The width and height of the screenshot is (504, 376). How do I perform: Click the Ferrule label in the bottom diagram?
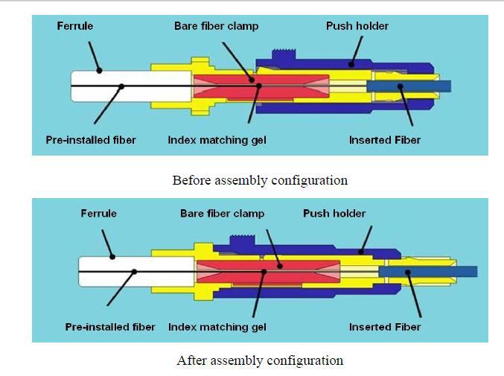[x=98, y=213]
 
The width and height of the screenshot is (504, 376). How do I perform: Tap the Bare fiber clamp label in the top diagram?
[x=216, y=26]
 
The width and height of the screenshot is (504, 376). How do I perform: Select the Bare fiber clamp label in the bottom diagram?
[x=222, y=213]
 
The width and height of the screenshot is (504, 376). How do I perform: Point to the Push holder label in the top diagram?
[x=357, y=26]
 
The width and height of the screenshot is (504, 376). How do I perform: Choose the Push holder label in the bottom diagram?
[x=334, y=213]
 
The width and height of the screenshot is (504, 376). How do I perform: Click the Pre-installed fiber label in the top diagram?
[x=91, y=140]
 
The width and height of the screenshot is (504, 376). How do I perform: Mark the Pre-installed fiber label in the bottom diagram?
[x=110, y=327]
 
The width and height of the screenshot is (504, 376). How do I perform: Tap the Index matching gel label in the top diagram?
[x=217, y=140]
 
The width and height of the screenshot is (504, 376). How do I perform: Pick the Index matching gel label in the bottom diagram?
[x=217, y=327]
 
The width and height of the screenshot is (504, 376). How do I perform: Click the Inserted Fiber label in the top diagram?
[x=385, y=140]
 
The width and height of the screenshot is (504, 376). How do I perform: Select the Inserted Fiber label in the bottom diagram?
[x=385, y=327]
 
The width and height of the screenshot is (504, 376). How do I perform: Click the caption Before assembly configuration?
[x=260, y=180]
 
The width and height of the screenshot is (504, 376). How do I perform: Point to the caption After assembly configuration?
[x=260, y=361]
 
